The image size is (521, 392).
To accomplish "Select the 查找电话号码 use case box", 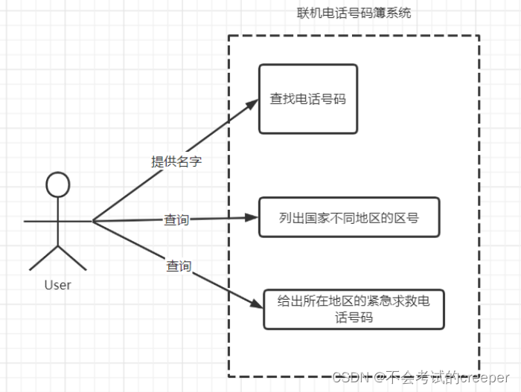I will pos(308,99).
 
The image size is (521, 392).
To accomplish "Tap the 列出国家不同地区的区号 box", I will pos(349,218).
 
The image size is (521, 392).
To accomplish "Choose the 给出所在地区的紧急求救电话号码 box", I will pos(354,309).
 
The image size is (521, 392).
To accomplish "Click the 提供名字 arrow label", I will pos(176,161).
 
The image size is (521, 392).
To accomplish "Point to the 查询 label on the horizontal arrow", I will pos(177,220).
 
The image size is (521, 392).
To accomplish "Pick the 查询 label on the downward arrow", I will pos(179,266).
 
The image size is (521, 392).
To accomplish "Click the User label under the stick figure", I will pos(58,285).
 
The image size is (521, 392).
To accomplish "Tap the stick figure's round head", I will pos(57,184).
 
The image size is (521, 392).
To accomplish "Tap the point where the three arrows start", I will pos(93,221).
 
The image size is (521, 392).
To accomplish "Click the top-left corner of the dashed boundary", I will pos(228,36).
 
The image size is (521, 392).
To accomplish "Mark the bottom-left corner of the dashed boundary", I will pos(228,376).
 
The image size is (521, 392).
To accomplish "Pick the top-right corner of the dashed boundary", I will pos(479,36).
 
